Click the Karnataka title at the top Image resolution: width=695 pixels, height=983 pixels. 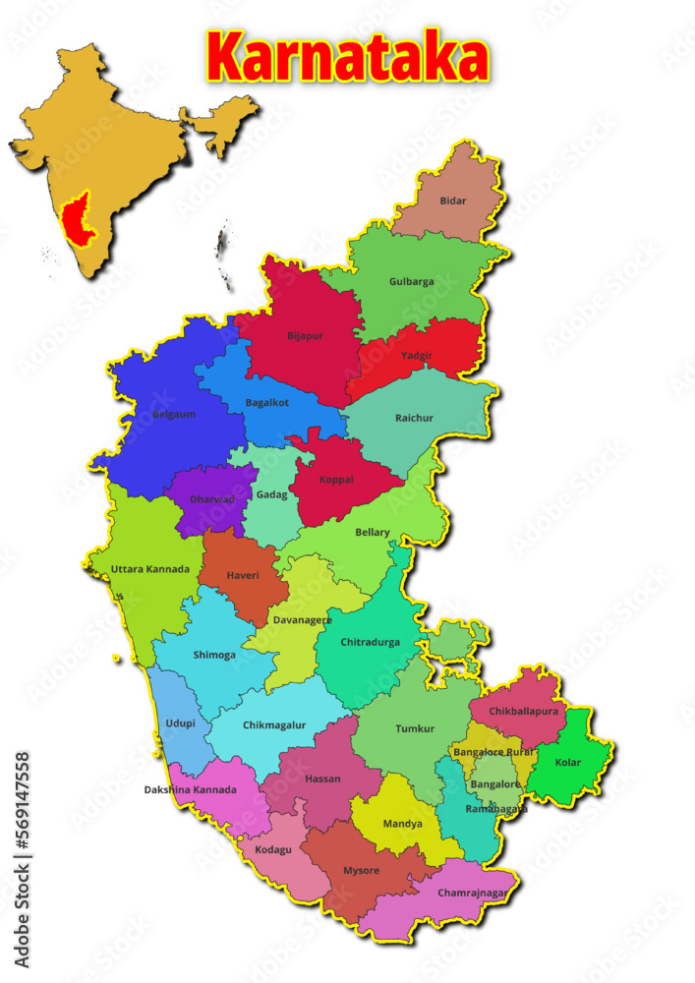(x=347, y=56)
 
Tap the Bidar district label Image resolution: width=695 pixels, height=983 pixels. (x=453, y=201)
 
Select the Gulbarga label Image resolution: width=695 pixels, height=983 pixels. (x=411, y=281)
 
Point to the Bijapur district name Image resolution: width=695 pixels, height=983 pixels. (x=305, y=335)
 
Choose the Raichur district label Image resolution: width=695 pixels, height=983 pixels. (x=414, y=418)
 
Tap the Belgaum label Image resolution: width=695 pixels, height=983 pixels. (x=174, y=414)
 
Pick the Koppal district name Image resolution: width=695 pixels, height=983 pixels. (x=336, y=480)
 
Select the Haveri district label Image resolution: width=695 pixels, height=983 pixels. (x=242, y=575)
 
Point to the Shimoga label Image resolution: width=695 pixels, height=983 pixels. (x=214, y=655)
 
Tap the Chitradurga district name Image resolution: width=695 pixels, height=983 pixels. (x=370, y=642)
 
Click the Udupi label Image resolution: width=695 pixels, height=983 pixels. (x=180, y=723)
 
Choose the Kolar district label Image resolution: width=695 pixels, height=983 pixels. (x=568, y=762)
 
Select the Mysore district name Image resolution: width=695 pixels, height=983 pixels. (x=361, y=871)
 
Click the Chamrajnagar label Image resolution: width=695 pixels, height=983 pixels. (x=472, y=893)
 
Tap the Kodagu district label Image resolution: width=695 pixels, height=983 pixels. (x=273, y=848)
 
